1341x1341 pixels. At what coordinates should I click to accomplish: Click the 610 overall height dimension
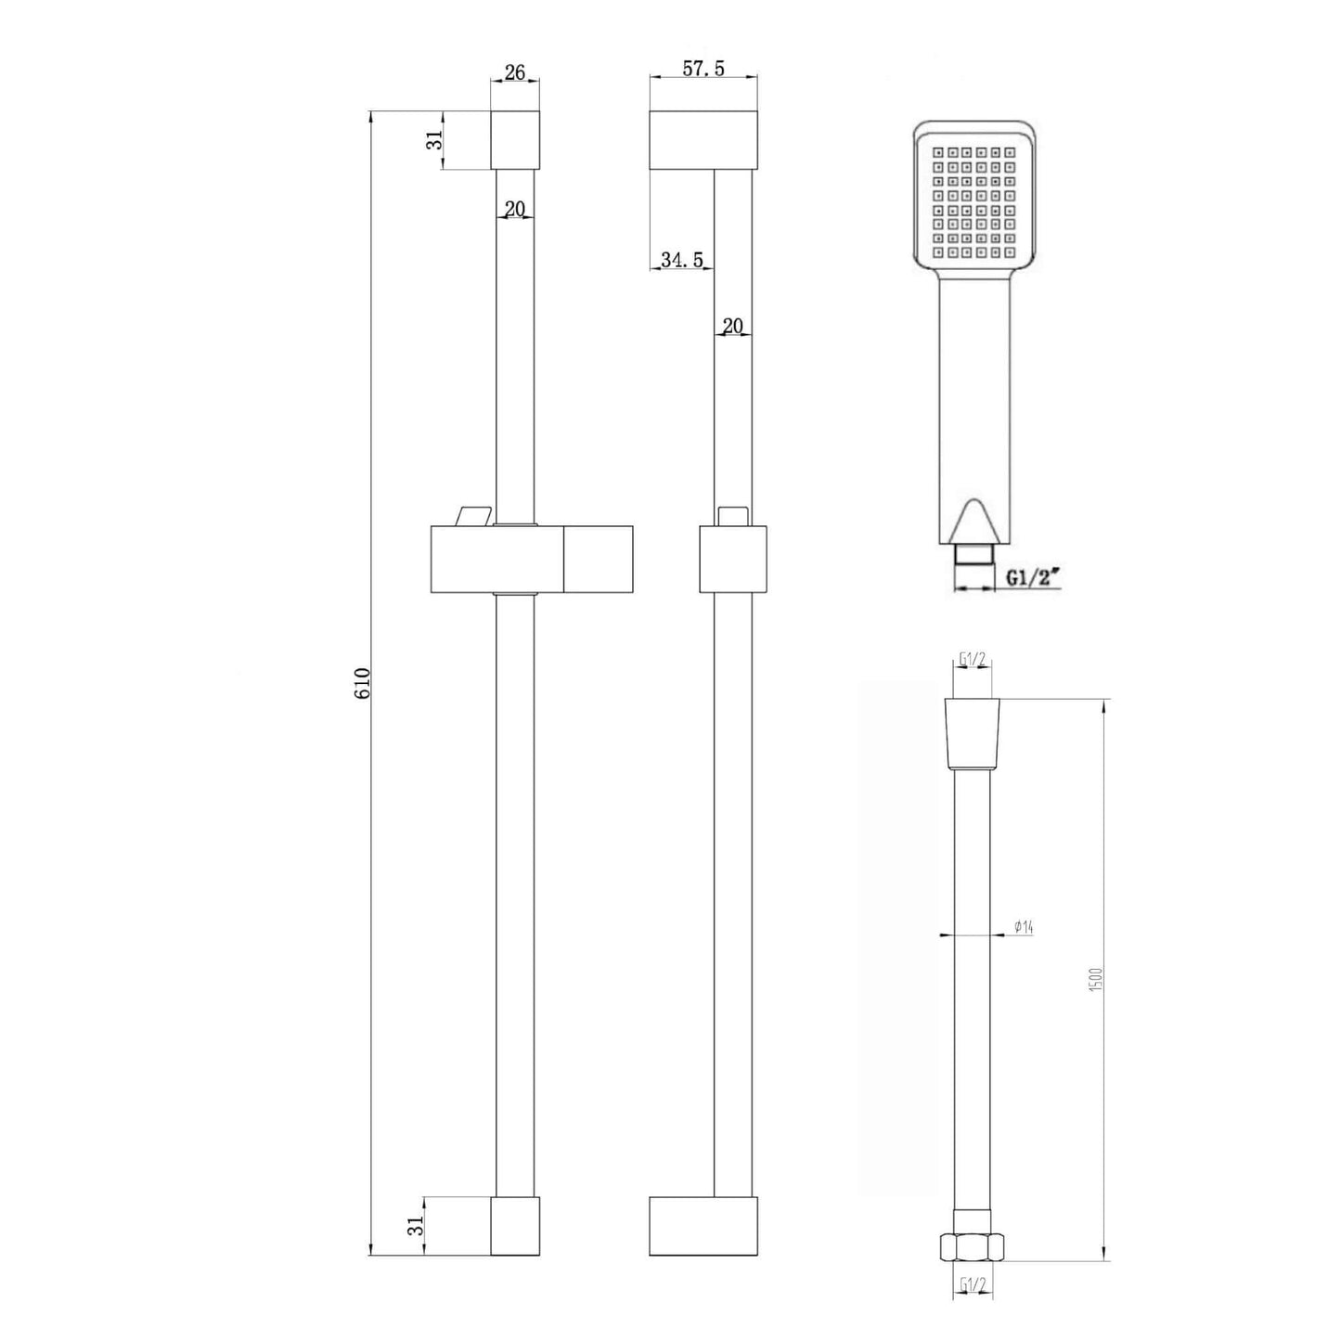(363, 683)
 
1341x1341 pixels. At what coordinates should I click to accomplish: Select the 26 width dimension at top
(514, 72)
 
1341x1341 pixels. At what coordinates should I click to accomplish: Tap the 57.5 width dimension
(703, 69)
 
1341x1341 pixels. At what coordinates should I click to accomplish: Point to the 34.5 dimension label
(681, 261)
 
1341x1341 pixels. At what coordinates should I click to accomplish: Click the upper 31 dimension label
(432, 141)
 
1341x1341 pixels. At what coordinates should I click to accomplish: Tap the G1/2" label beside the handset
(1033, 578)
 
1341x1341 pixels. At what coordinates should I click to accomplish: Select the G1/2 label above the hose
(973, 661)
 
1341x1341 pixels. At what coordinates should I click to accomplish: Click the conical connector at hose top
(973, 733)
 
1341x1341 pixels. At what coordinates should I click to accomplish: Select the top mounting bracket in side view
(703, 141)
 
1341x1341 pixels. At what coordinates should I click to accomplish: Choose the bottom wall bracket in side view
(703, 1226)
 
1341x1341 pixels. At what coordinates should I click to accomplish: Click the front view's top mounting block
(514, 141)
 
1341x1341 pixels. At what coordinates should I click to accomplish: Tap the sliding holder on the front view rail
(531, 560)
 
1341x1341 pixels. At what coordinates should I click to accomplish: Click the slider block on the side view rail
(732, 559)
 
